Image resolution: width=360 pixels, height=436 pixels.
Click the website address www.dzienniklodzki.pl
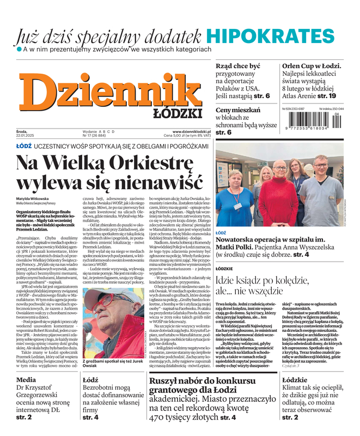click(x=187, y=132)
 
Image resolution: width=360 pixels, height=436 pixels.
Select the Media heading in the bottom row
click(x=26, y=379)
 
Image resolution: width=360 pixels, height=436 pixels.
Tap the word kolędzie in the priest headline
click(x=285, y=280)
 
